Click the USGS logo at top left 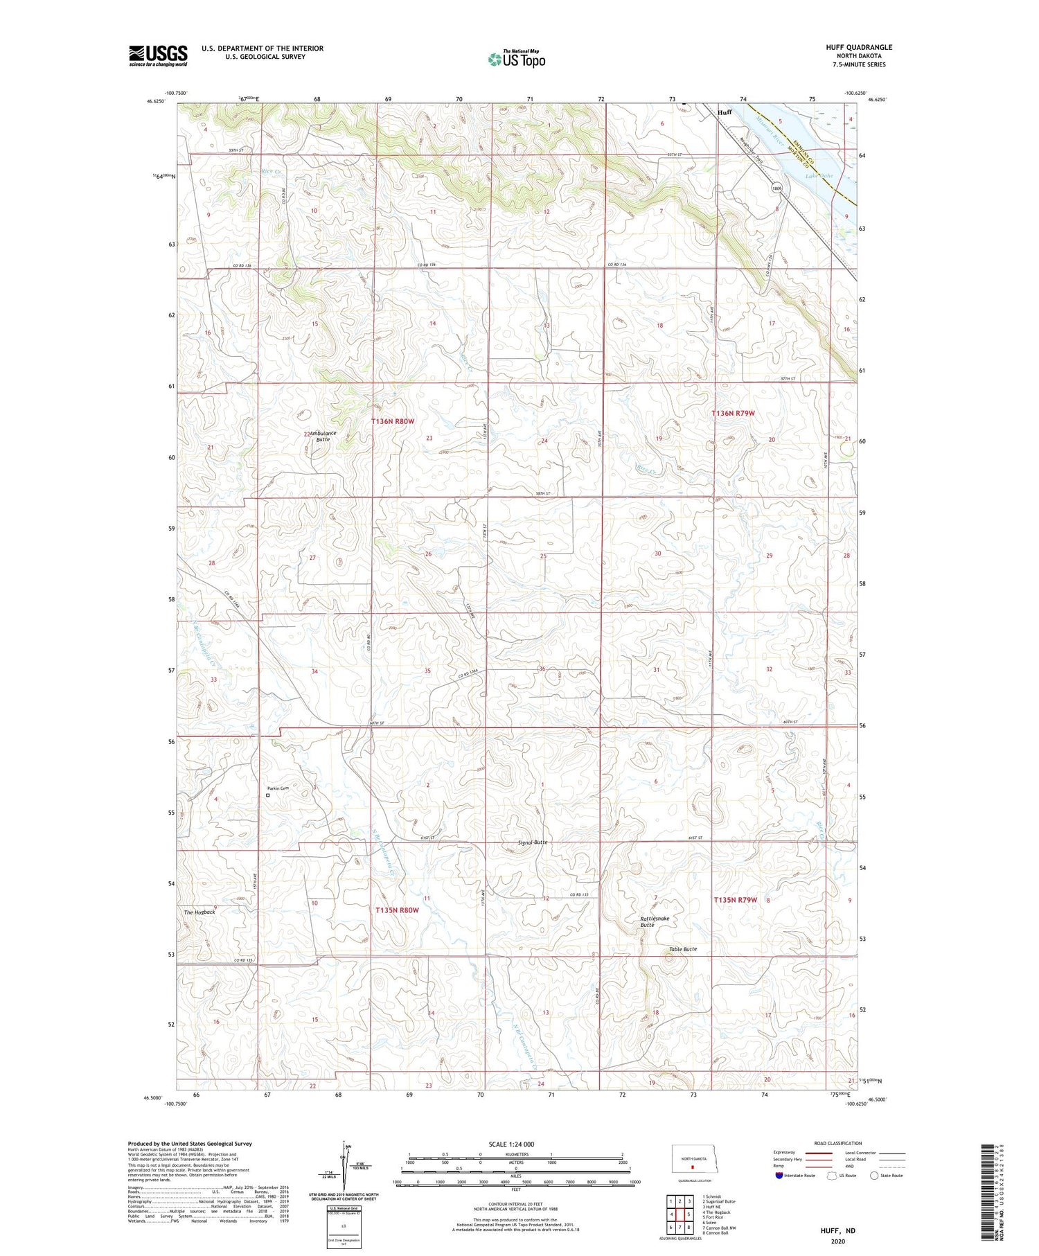coord(158,55)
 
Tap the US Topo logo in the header coord(517,59)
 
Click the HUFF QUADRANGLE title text coord(859,47)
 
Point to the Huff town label coord(725,112)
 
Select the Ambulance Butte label coord(323,436)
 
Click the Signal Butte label coord(533,842)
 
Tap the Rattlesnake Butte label coord(655,921)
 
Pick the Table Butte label coord(683,949)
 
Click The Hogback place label coord(199,912)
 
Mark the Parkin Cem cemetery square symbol coord(268,795)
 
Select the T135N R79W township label coord(736,900)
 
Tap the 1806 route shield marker coord(777,188)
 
